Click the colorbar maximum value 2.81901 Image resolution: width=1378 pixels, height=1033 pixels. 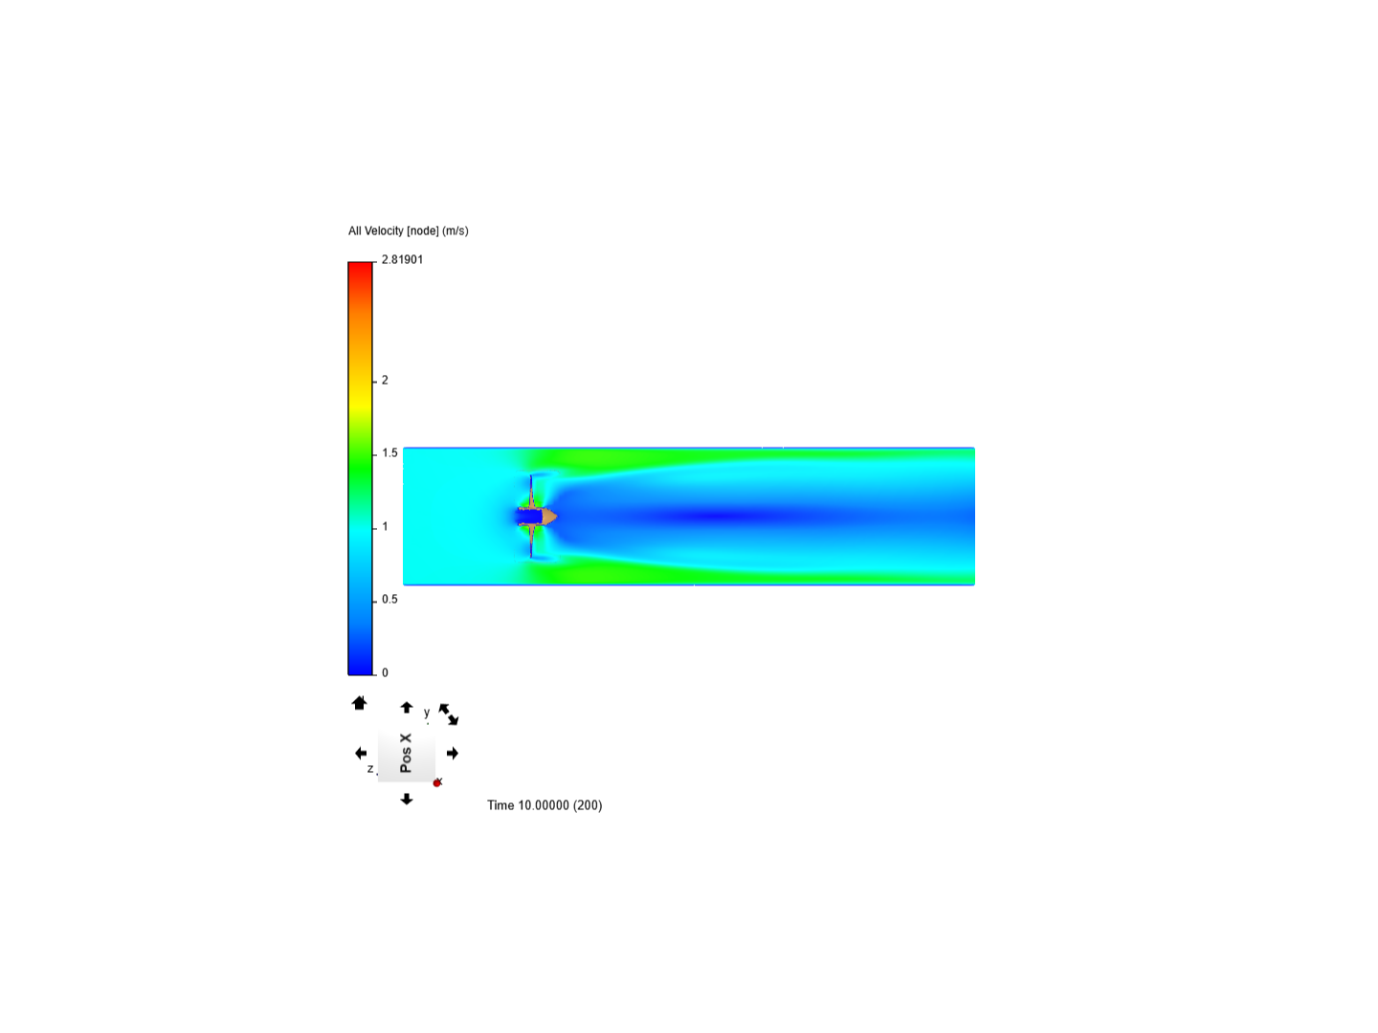(402, 259)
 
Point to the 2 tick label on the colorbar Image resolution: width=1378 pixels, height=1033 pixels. (385, 380)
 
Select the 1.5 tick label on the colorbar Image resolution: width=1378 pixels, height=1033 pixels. (389, 452)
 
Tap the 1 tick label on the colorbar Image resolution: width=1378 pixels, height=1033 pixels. (385, 526)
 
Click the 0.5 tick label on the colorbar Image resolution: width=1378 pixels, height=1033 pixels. (389, 599)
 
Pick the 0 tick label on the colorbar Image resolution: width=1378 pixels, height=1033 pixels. (385, 672)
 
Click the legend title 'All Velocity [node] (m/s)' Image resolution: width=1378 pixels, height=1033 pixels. (408, 231)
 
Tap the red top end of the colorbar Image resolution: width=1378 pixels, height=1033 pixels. (361, 263)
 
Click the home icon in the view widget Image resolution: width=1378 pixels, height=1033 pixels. (359, 703)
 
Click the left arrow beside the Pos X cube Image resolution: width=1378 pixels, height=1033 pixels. (361, 754)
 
